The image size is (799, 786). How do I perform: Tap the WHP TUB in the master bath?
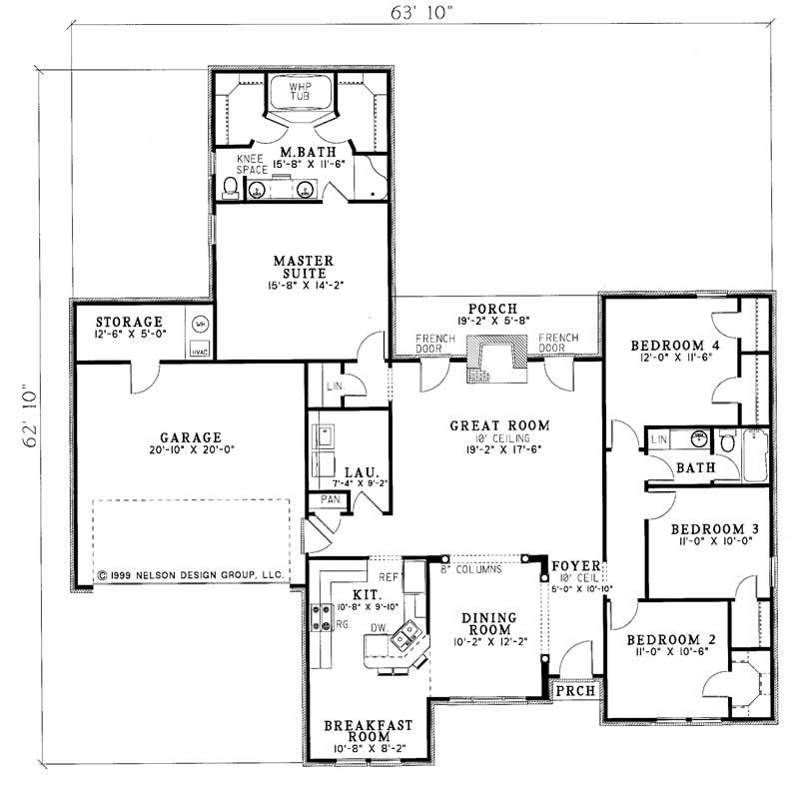click(x=301, y=95)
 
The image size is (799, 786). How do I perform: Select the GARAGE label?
click(x=189, y=436)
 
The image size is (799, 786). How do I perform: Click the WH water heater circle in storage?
click(x=201, y=324)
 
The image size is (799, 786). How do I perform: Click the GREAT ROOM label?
click(x=499, y=425)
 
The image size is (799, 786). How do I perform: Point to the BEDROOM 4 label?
click(x=674, y=346)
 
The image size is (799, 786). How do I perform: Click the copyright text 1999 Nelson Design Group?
click(x=192, y=576)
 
